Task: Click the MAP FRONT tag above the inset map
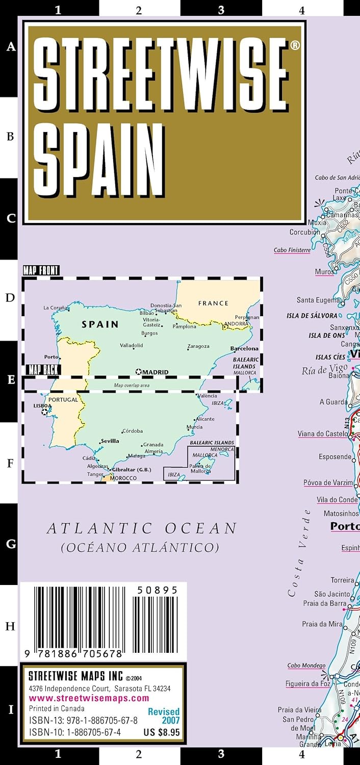point(41,271)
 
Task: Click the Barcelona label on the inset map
point(244,349)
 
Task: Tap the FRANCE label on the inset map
point(213,303)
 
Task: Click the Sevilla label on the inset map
point(110,441)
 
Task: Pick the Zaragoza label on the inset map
point(198,346)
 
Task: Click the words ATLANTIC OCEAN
point(142,529)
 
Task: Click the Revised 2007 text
point(164,716)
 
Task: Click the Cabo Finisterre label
point(292,250)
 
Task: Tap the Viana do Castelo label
point(323,434)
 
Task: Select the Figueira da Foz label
point(308,684)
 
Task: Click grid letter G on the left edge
point(10,544)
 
